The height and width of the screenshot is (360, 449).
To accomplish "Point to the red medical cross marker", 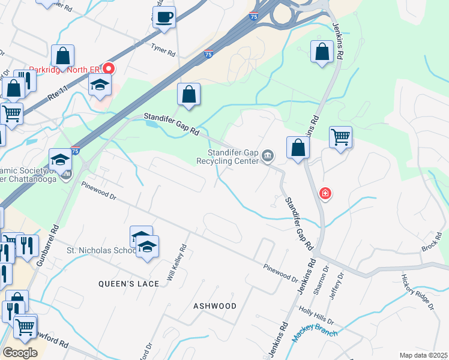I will pos(325,194).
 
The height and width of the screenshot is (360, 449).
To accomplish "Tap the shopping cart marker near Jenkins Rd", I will pos(340,137).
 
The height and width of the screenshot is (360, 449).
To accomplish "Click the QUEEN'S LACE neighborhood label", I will pos(129,284).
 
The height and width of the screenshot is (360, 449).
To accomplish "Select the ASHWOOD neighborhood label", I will pos(215,306).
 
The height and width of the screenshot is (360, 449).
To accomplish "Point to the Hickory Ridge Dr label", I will pos(417,292).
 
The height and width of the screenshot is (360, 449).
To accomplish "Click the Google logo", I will pos(20,353).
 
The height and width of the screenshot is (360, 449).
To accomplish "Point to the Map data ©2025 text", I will pos(423,355).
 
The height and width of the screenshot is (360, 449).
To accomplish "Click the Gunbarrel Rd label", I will pos(46,246).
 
